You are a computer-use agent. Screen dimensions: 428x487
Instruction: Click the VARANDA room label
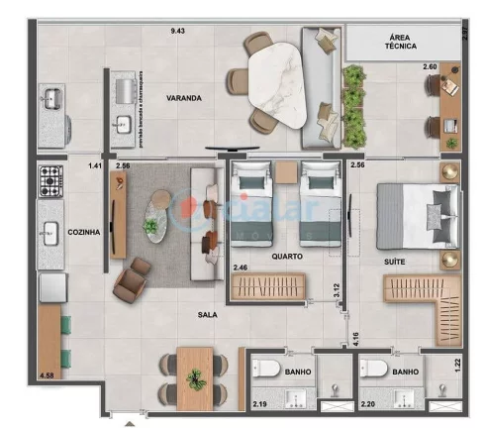pyautogui.click(x=184, y=98)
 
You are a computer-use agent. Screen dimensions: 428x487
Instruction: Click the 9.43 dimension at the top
pyautogui.click(x=178, y=31)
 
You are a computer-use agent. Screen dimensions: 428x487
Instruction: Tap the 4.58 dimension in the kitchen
pyautogui.click(x=47, y=375)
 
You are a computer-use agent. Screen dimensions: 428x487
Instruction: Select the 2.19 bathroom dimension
pyautogui.click(x=258, y=405)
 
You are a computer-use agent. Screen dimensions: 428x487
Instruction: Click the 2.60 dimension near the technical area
pyautogui.click(x=430, y=67)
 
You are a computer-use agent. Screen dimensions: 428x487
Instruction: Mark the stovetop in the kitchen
pyautogui.click(x=49, y=180)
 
